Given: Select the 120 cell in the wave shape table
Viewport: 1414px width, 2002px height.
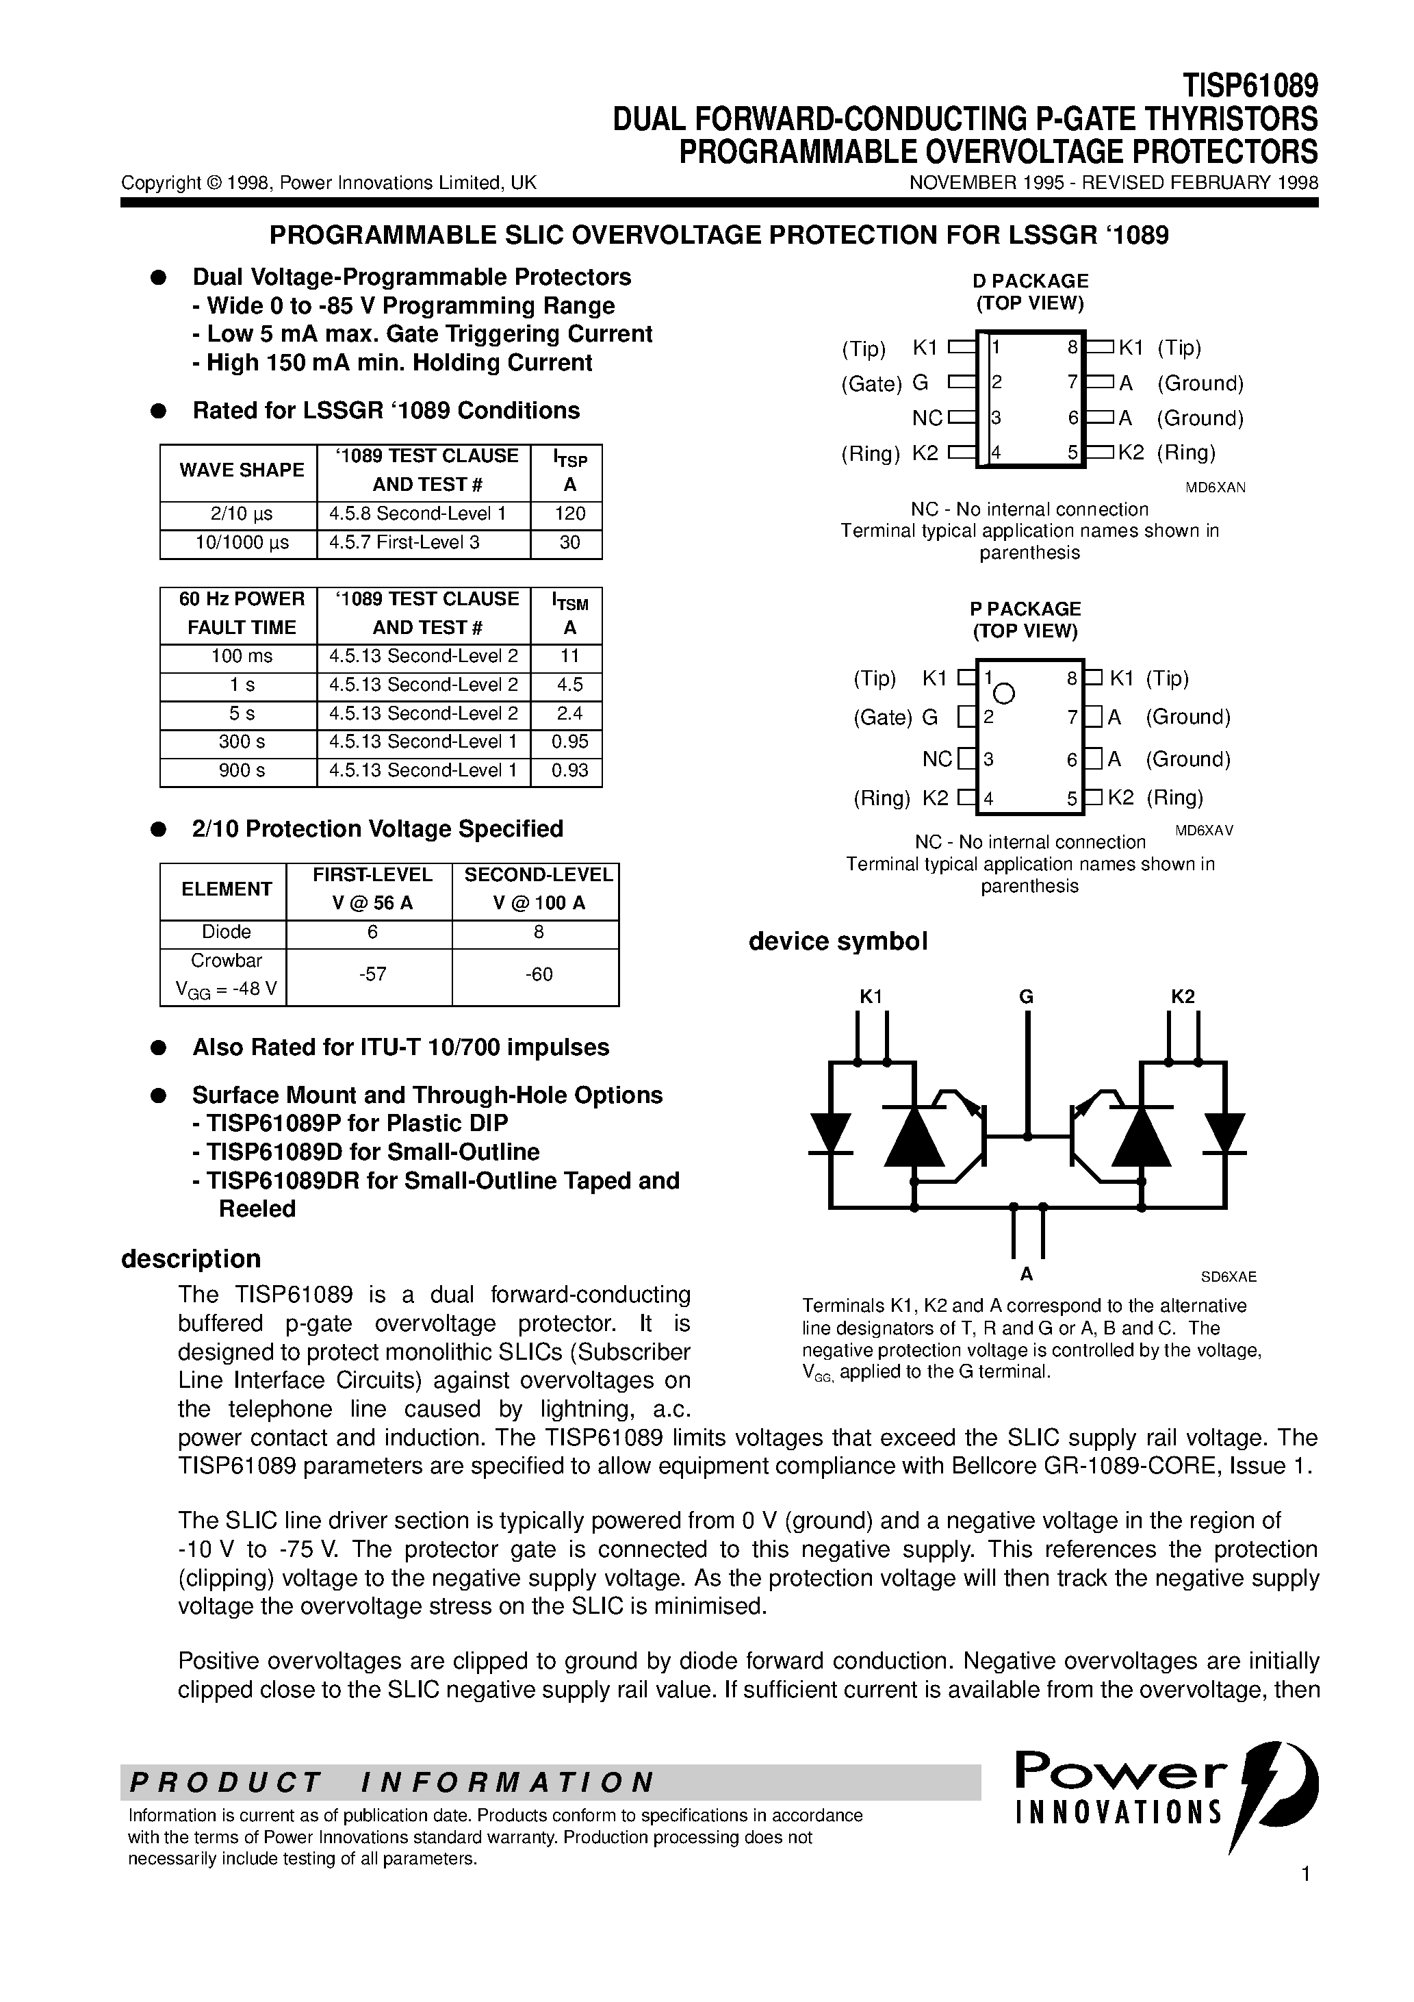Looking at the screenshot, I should tap(569, 514).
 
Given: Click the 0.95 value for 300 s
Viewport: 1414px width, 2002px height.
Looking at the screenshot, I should tap(569, 742).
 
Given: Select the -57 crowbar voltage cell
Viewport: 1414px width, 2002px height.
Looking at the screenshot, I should tap(372, 974).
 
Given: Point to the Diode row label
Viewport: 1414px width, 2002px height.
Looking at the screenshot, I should tap(226, 932).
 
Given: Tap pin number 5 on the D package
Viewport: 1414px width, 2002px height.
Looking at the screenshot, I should tap(1072, 453).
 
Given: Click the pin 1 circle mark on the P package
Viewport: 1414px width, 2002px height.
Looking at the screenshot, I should tap(1003, 694).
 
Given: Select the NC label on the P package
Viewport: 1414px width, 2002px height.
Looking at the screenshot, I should tap(937, 759).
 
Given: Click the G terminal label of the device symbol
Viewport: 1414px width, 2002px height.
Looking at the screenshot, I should tap(1026, 997).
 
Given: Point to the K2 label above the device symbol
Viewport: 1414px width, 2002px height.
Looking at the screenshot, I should tap(1182, 997).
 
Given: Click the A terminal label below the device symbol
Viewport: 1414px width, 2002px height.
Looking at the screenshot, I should tap(1026, 1275).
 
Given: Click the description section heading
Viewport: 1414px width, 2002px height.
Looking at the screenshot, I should tap(190, 1259).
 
